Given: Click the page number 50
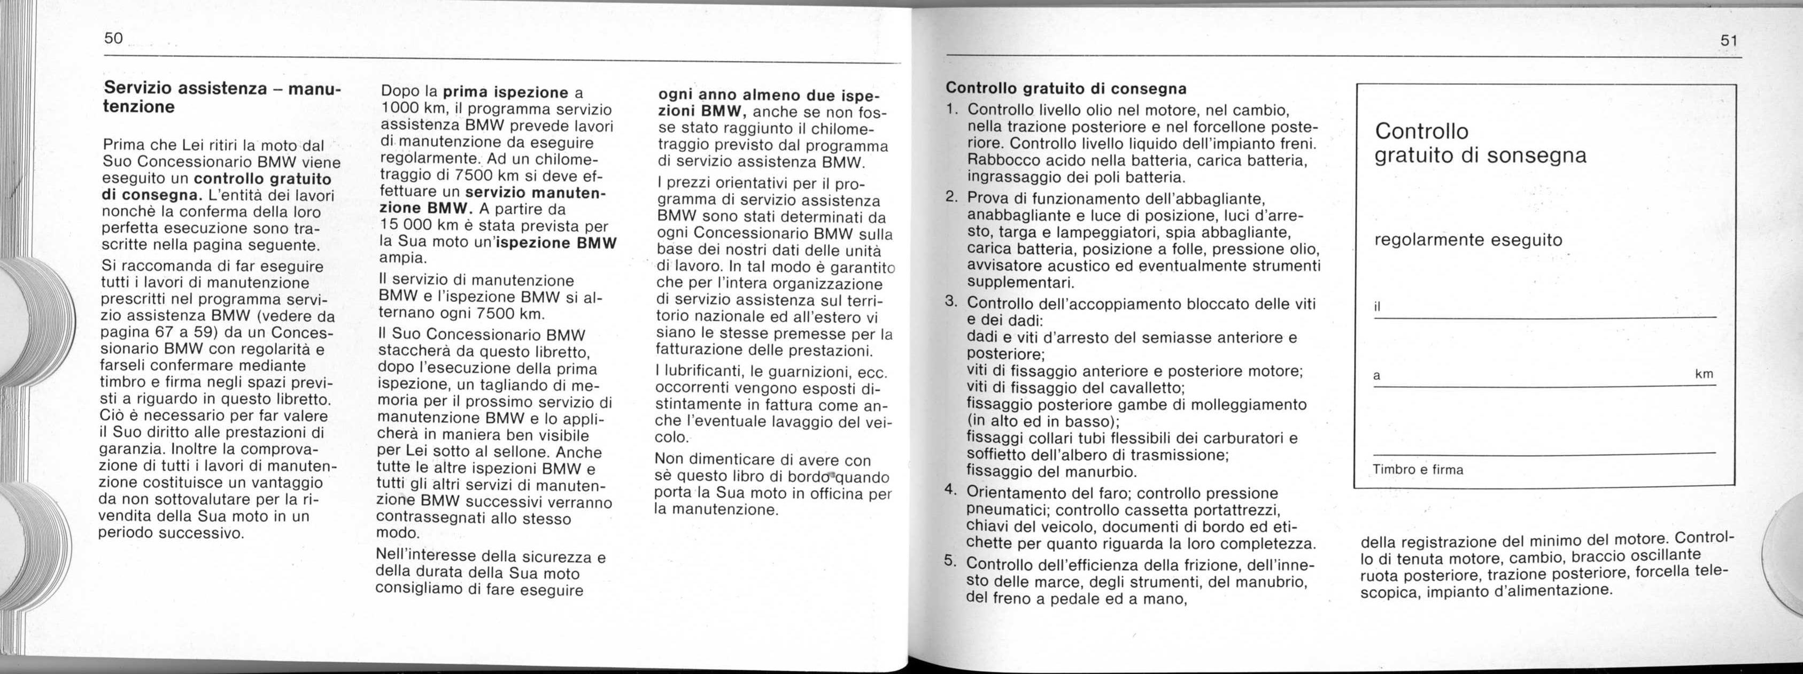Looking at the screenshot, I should (113, 39).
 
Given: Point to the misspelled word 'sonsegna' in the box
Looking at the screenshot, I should (1536, 156).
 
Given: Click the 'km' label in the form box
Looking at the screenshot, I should (1704, 375).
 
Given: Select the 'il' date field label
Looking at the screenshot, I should (1378, 308).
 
